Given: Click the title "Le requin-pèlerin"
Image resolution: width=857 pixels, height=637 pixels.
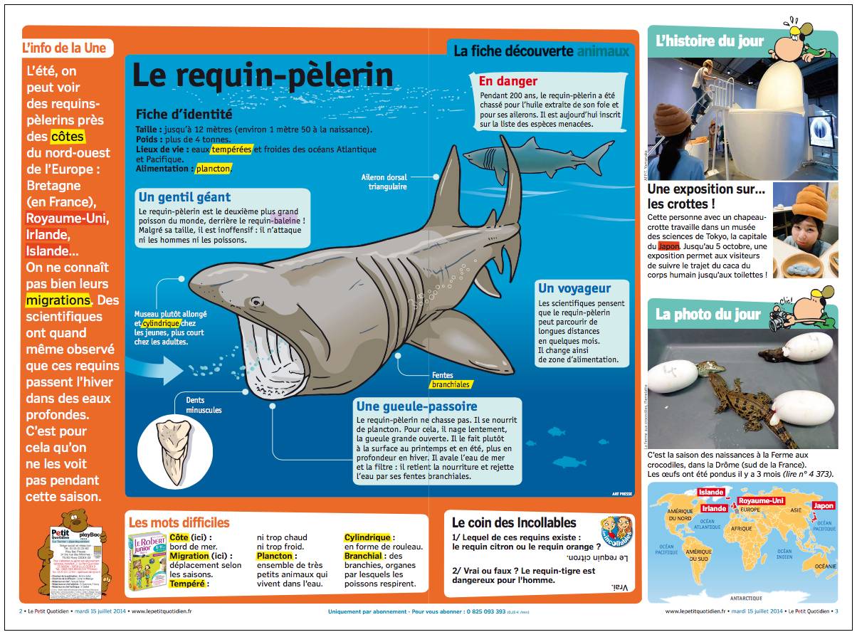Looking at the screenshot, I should tap(263, 75).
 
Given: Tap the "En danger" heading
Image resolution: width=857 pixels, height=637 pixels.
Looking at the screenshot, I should tap(508, 81).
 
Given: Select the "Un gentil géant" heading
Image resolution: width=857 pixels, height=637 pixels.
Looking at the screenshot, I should tap(184, 197).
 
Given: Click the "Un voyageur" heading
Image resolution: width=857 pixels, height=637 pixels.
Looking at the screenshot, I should tap(574, 288).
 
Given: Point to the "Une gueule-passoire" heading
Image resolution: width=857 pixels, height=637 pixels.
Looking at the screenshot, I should tap(416, 406).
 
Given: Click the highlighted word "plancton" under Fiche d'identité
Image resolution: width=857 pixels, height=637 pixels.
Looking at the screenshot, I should tap(214, 169).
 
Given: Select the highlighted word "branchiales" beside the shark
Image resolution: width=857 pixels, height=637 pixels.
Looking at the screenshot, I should tap(451, 384).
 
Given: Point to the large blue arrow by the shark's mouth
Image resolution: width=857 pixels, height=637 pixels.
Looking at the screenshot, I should tap(159, 369).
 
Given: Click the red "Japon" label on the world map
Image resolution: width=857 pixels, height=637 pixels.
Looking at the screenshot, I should tap(823, 506).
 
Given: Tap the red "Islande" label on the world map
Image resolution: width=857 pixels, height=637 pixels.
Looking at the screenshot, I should tap(711, 493).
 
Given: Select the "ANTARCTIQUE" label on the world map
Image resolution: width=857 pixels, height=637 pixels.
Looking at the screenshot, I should tap(746, 598).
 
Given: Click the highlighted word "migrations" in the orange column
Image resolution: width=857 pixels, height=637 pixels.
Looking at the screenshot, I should tap(58, 300).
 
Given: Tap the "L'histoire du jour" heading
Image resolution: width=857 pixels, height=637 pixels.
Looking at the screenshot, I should tap(710, 41).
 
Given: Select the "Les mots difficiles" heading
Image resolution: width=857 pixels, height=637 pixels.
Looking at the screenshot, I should tap(179, 522).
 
